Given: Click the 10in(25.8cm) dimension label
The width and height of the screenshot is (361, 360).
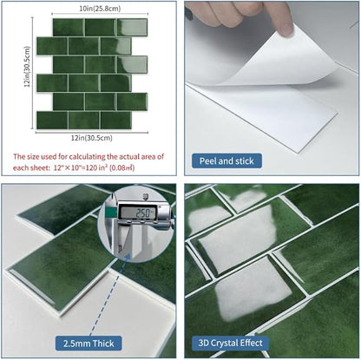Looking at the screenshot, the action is pos(100,9).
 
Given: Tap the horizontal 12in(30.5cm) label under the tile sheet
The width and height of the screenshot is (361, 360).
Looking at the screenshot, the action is pos(92,138).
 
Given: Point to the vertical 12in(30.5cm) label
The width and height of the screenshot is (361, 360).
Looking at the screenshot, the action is pos(27,67).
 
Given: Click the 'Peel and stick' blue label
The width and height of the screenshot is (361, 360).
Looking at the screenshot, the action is pos(226,160).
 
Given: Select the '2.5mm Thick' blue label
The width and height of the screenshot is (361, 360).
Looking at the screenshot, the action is pos(89,344).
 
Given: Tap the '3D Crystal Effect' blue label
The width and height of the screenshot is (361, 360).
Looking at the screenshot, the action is pos(230,343).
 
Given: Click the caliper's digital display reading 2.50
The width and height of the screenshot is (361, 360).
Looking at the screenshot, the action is pos(138,213).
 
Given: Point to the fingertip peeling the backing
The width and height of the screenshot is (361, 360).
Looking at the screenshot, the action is pos(285,28).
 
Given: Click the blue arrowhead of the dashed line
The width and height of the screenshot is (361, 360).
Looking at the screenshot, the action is pos(128,256).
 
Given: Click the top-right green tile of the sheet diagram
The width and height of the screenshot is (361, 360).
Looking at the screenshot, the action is pos(132,27).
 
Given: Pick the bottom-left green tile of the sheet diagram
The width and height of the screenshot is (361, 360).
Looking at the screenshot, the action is pos(52,120).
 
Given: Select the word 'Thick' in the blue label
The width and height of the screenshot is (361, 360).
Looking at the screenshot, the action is pos(103,344).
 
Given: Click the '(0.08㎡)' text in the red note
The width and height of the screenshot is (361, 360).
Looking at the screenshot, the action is pos(122,167).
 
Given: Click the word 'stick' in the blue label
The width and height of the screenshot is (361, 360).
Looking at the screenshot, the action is pos(245,160).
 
